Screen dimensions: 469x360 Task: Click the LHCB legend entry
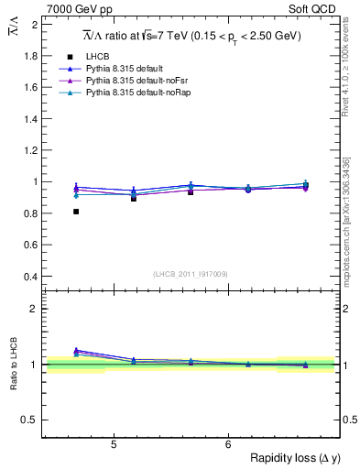coord(97,57)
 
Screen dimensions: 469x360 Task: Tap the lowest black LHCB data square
coord(76,212)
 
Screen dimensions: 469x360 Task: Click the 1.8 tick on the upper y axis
coord(31,56)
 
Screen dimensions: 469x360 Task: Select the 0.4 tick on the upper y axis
coord(31,277)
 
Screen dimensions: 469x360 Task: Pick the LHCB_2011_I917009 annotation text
coord(191,274)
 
